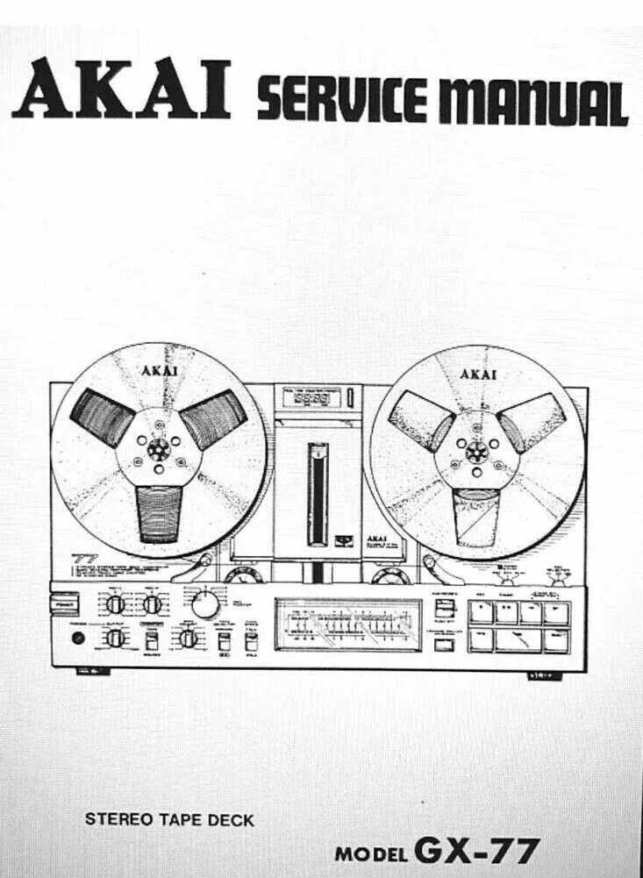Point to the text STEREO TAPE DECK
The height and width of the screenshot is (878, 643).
169,821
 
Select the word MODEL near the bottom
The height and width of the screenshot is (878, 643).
372,853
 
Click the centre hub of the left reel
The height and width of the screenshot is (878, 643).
159,453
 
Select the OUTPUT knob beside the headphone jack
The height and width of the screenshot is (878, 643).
115,639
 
